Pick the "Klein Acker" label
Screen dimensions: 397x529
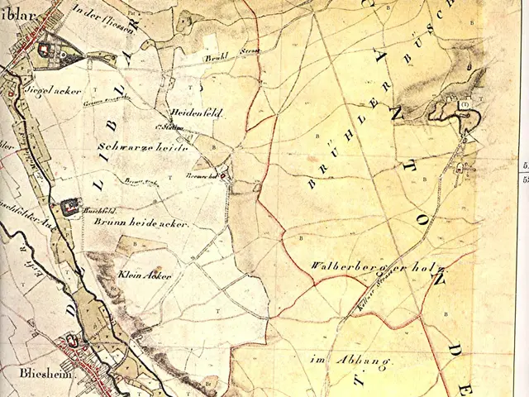pyautogui.click(x=145, y=274)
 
